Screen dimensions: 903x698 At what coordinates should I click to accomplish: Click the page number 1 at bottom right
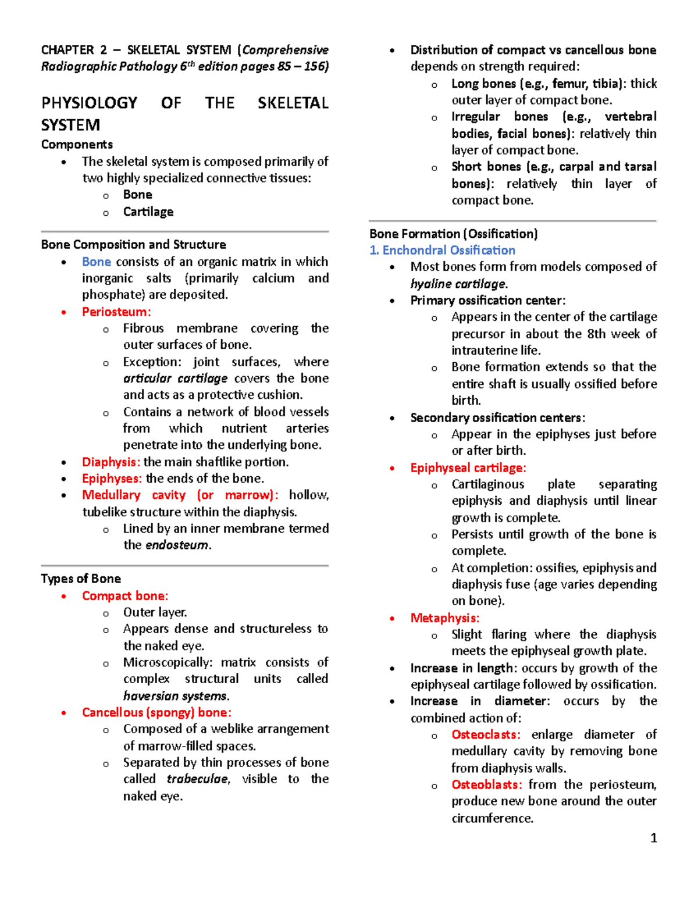[x=653, y=838]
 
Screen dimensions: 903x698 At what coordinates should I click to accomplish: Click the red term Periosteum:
[x=116, y=312]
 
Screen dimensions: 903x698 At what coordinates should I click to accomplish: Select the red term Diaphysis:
[x=111, y=462]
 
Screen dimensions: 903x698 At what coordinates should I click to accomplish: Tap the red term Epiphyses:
[x=112, y=479]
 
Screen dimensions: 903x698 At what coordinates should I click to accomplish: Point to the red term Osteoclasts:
[x=486, y=734]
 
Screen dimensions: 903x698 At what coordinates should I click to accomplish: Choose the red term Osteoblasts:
[x=486, y=784]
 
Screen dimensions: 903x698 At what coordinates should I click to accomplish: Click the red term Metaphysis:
[x=445, y=618]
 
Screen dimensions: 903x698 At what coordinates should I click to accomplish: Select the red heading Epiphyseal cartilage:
[x=468, y=467]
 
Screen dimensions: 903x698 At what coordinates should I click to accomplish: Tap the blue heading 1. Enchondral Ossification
[x=442, y=250]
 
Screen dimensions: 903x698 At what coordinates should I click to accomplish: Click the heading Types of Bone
[x=81, y=579]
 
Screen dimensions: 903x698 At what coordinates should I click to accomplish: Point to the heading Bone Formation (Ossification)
[x=453, y=234]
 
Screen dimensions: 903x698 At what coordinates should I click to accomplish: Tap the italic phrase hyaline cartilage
[x=458, y=284]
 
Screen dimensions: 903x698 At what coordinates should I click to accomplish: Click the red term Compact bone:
[x=125, y=595]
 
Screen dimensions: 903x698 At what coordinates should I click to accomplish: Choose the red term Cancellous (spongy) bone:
[x=156, y=712]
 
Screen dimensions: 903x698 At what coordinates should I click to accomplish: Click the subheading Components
[x=77, y=144]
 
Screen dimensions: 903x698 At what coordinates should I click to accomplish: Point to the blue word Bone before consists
[x=97, y=262]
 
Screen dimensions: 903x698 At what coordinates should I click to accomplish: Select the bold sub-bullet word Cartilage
[x=148, y=212]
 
